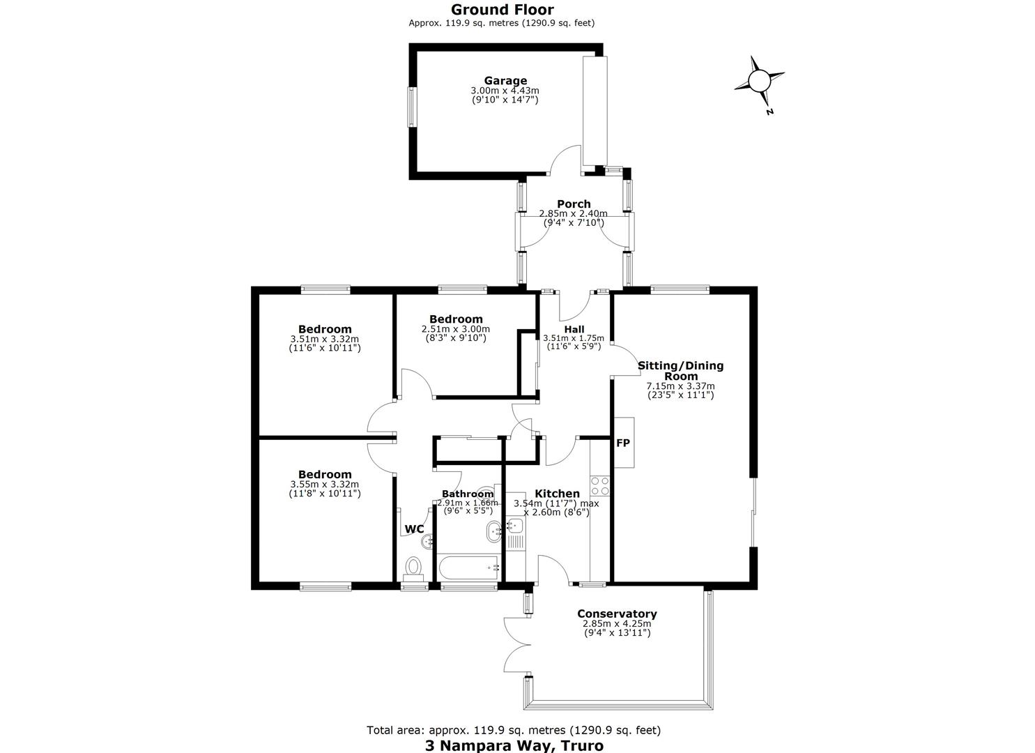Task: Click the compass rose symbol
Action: (x=759, y=82)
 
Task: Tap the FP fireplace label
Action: (x=623, y=443)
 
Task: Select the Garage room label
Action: (x=505, y=81)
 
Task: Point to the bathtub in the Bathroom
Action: (x=468, y=567)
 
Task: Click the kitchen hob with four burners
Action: (x=600, y=486)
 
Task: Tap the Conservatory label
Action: (x=617, y=614)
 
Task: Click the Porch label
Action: (x=574, y=204)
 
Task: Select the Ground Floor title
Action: (x=503, y=10)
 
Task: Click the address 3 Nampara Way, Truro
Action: (x=514, y=745)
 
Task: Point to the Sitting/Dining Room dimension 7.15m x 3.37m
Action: (x=680, y=386)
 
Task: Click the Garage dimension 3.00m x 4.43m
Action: (x=505, y=91)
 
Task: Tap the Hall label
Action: (x=574, y=330)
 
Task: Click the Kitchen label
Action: (x=557, y=493)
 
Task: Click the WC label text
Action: (x=414, y=528)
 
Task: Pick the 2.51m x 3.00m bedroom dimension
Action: (x=456, y=329)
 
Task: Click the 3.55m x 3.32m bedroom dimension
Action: (x=324, y=485)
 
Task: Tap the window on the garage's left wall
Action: (x=411, y=107)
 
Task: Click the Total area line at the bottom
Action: (x=514, y=731)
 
